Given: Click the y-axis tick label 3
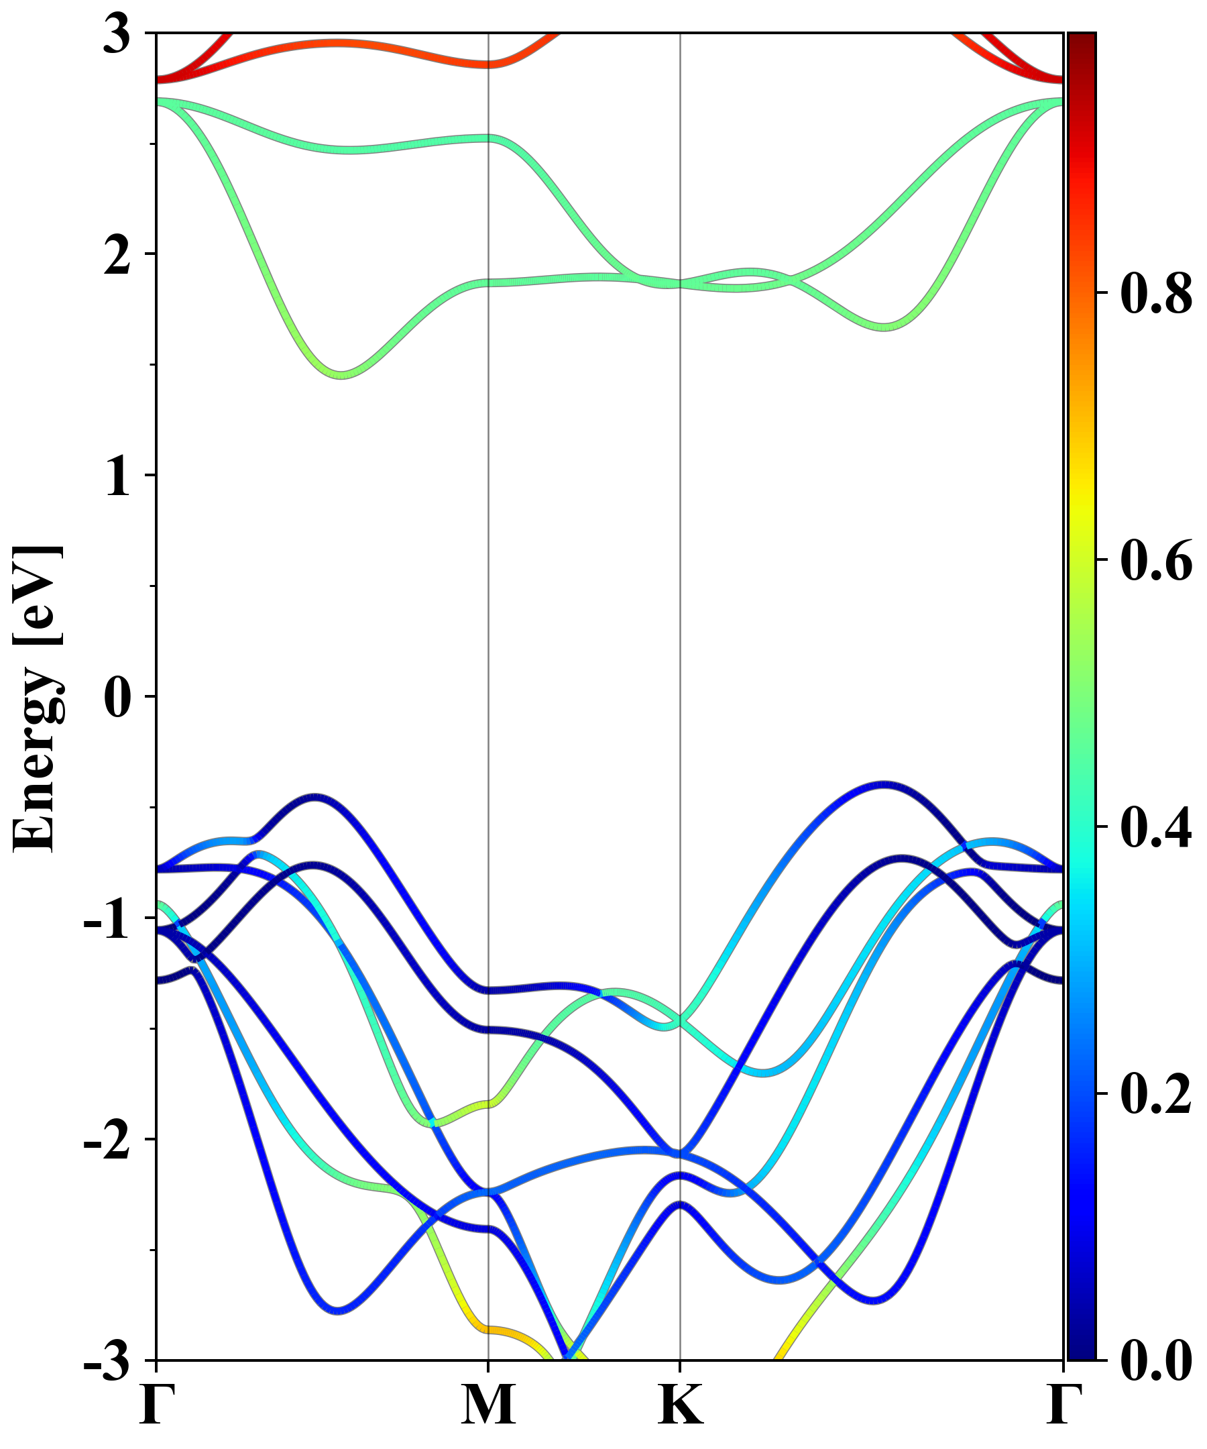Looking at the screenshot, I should click(x=117, y=34).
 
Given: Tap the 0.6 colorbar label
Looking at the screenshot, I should click(x=1155, y=561).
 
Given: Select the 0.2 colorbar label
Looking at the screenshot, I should click(x=1155, y=1094).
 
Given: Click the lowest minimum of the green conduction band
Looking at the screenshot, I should click(x=341, y=375).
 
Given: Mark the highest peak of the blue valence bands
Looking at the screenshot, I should click(x=885, y=784).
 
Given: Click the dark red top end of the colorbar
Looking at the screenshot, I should click(x=1082, y=38).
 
